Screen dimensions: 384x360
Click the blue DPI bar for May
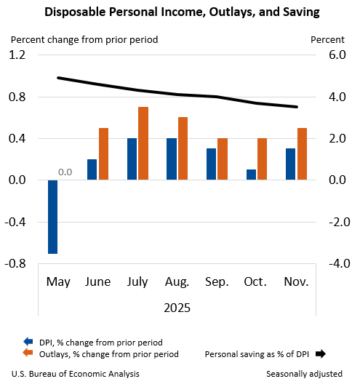[x=53, y=217]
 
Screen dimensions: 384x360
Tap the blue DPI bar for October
[x=251, y=175]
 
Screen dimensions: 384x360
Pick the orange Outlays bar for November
[x=302, y=153]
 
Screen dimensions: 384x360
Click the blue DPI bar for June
[x=92, y=169]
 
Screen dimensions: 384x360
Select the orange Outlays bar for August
[x=183, y=148]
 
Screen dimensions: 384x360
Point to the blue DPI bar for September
[x=211, y=164]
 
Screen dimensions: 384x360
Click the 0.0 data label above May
[x=65, y=172]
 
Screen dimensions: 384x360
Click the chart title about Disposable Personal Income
[x=180, y=12]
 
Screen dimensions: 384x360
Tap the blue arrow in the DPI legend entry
[x=28, y=341]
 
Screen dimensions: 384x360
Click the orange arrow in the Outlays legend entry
[x=28, y=354]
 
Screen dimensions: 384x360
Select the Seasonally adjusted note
[x=304, y=374]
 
